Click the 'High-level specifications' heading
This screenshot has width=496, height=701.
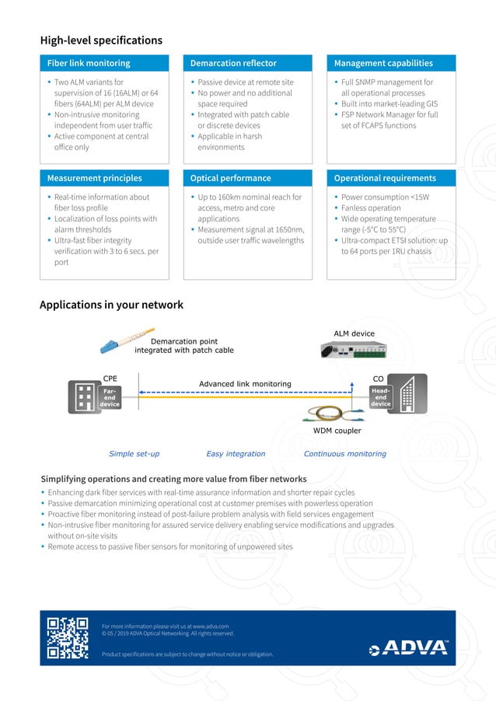click(101, 40)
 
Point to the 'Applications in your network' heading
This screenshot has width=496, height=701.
click(111, 305)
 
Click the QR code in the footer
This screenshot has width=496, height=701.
click(68, 637)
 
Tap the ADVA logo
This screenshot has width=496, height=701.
click(408, 647)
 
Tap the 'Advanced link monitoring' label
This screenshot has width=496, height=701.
click(245, 384)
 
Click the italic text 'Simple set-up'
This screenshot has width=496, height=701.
click(134, 454)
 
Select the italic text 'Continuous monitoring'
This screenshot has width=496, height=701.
click(344, 454)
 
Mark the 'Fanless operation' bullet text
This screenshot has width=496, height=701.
click(372, 208)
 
